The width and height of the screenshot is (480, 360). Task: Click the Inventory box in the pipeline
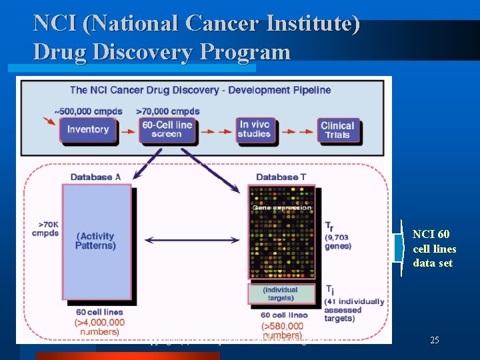87,129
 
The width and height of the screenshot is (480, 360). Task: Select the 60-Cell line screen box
167,129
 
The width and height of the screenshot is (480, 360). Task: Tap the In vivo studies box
255,129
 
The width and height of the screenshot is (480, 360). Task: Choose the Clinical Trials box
337,129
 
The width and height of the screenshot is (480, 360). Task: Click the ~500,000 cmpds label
83,111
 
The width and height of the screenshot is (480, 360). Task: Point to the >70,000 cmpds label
168,111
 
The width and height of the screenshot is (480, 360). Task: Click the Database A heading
95,177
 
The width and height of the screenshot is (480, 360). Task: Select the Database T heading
281,177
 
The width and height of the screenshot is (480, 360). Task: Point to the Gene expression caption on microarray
281,207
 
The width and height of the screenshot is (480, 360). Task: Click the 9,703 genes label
338,241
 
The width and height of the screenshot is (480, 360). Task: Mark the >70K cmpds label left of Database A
45,229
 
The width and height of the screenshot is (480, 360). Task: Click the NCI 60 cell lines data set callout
434,249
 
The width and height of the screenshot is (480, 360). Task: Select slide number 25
435,340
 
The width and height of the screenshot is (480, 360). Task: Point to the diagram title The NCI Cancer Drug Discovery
200,90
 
